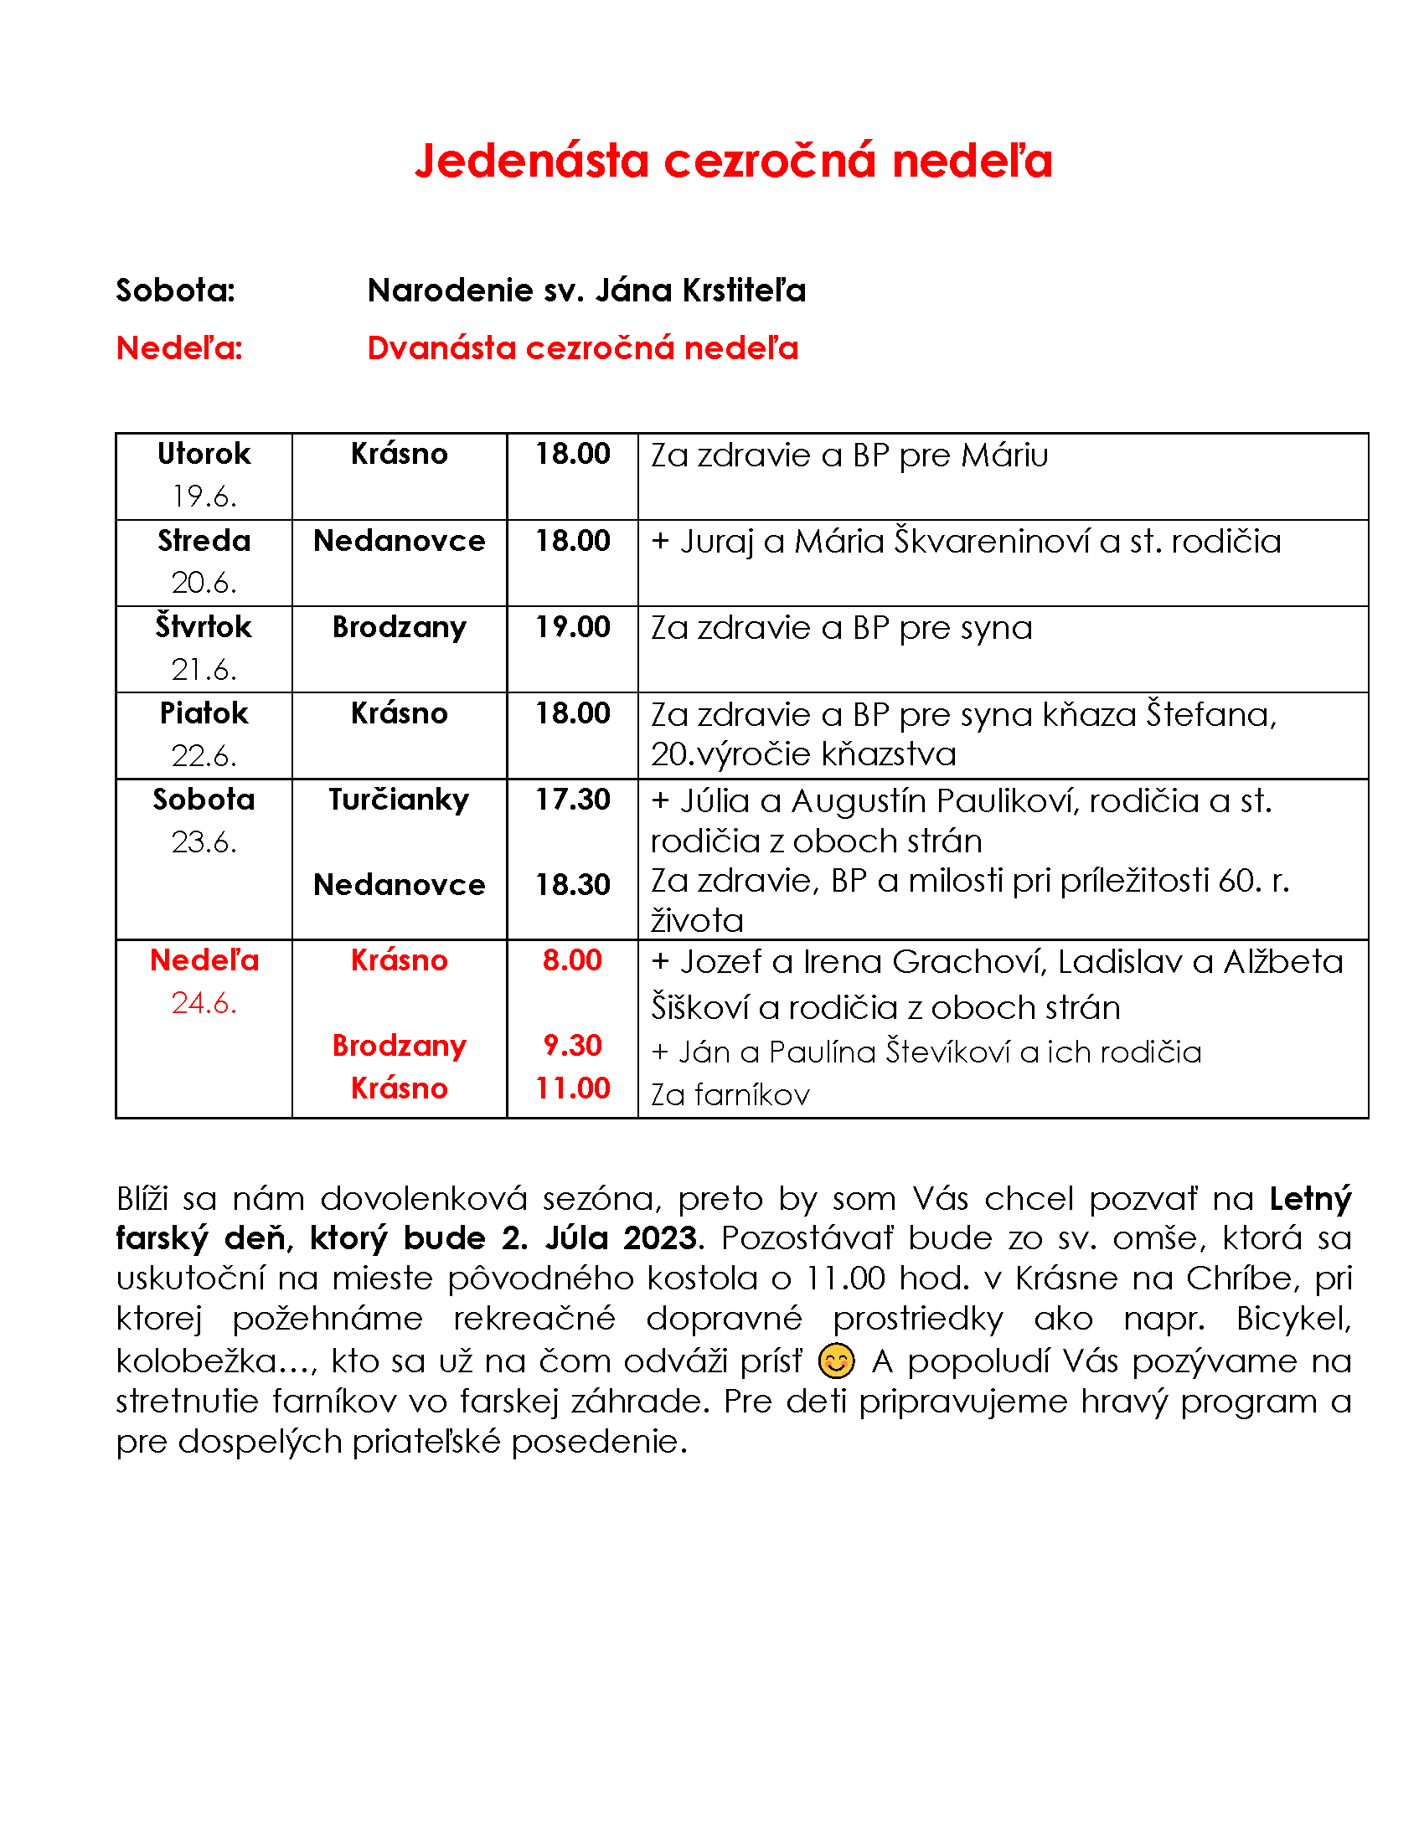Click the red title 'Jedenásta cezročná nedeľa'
click(732, 160)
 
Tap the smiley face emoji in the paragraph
click(836, 1361)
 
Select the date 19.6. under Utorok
click(204, 496)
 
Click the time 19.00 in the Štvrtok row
click(572, 626)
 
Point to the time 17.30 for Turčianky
click(572, 799)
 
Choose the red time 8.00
click(572, 960)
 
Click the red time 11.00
click(572, 1088)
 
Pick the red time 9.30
click(572, 1045)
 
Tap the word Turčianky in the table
click(398, 799)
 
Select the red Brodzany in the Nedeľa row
click(398, 1045)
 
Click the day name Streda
click(204, 540)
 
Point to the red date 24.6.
click(204, 1002)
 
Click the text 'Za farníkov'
click(730, 1095)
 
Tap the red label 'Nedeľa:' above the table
click(179, 347)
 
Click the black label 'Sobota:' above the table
click(175, 291)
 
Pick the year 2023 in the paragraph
click(661, 1237)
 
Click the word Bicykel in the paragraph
click(1293, 1318)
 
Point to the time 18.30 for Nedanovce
click(572, 884)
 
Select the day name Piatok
click(204, 713)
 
